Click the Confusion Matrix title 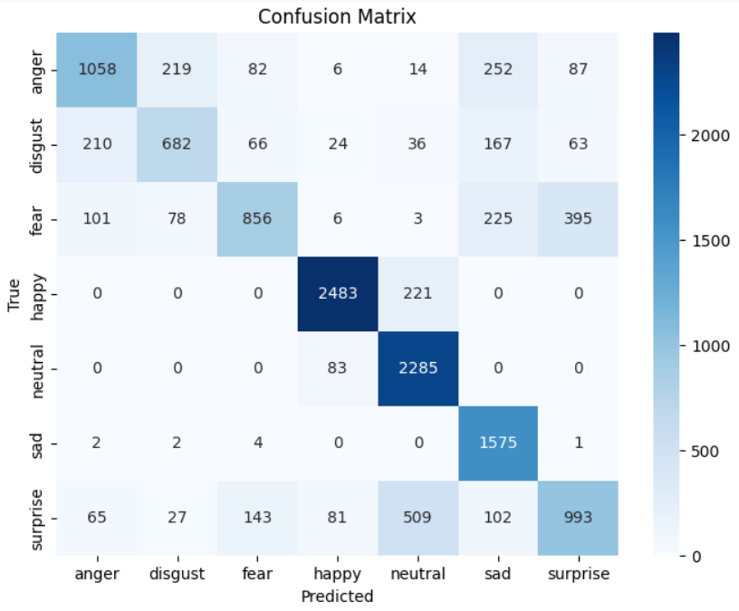coord(338,16)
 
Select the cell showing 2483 coord(338,294)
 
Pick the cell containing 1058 coord(97,70)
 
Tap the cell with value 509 coord(418,519)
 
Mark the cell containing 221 coord(418,294)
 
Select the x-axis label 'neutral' coord(418,574)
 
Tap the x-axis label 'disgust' coord(178,574)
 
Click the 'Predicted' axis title coord(338,597)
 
